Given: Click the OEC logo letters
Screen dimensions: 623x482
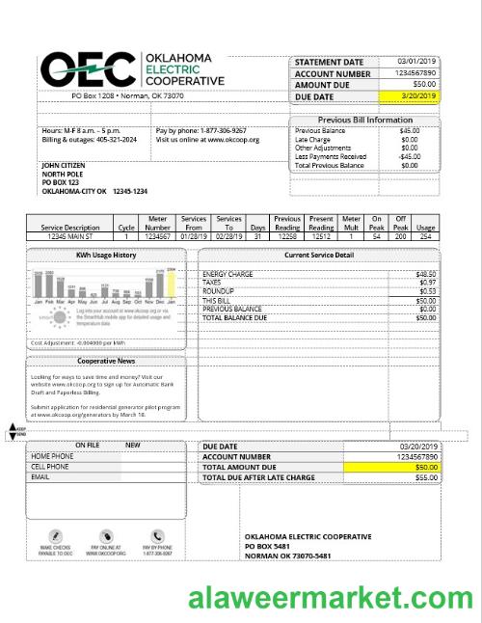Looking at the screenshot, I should (x=87, y=69).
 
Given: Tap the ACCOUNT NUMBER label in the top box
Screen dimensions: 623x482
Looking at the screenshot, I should (x=333, y=73).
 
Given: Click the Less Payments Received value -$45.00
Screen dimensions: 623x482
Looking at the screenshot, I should (x=409, y=156).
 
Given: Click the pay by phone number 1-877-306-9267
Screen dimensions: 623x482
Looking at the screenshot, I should (x=223, y=130).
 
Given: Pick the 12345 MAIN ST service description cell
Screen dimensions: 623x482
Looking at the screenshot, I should (x=70, y=235).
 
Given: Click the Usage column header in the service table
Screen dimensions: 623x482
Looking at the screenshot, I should (x=425, y=227).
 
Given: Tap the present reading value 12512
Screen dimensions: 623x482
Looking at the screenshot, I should (x=321, y=235).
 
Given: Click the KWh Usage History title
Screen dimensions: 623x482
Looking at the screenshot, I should (x=106, y=255).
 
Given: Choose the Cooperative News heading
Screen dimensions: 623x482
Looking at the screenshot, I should (x=105, y=361).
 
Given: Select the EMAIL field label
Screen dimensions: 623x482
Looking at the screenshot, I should (x=40, y=476).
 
